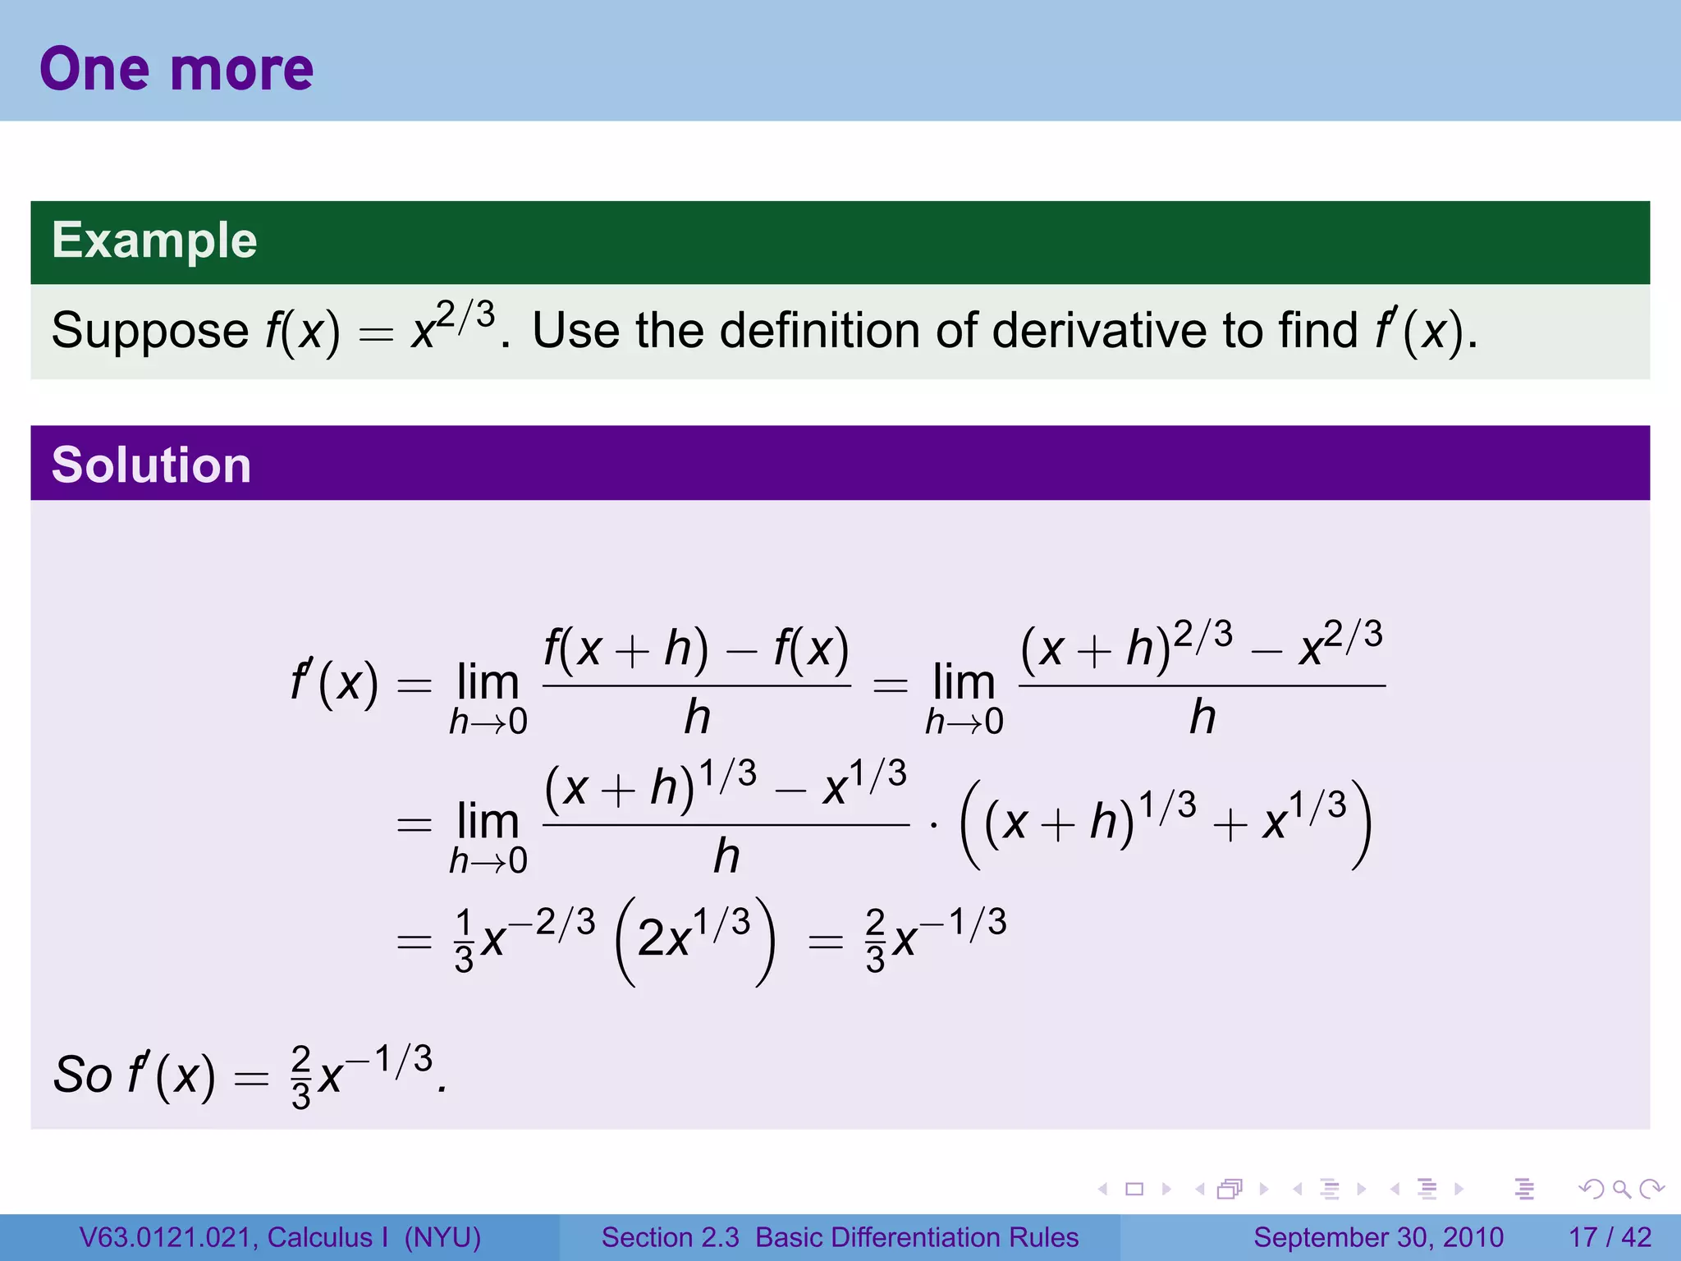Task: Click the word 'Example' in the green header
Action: click(x=154, y=241)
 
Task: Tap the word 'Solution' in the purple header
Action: click(x=151, y=465)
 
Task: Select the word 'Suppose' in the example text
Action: click(x=149, y=331)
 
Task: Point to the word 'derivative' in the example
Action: click(x=1100, y=331)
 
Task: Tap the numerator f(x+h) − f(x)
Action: click(x=696, y=649)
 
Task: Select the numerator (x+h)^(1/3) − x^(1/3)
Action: click(x=726, y=786)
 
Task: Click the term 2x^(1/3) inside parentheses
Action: click(x=694, y=937)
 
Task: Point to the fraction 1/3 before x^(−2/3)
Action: click(x=464, y=941)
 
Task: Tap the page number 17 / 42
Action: click(x=1610, y=1237)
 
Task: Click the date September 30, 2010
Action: click(x=1378, y=1237)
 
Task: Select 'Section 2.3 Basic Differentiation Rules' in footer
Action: click(x=840, y=1237)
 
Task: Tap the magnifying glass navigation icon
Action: click(x=1621, y=1189)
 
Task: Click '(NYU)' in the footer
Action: click(x=442, y=1237)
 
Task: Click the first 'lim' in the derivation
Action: click(x=488, y=683)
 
